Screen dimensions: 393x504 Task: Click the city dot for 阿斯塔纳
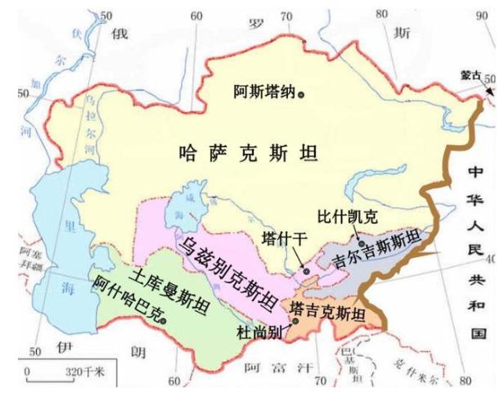(301, 94)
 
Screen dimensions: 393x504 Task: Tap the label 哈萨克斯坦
(248, 152)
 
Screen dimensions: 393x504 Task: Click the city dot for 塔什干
(306, 270)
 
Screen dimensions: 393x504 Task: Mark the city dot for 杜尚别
(295, 321)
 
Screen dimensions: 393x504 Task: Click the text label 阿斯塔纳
(264, 93)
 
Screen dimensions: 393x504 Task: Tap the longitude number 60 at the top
(196, 15)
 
